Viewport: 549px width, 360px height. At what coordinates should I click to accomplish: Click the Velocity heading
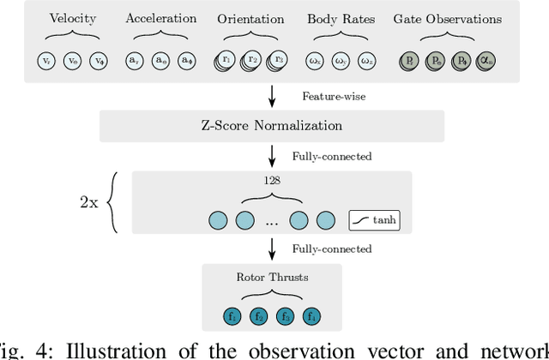tap(72, 19)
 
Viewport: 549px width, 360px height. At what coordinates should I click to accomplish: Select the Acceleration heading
tap(160, 18)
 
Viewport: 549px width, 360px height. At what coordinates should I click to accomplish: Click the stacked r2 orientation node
tap(251, 61)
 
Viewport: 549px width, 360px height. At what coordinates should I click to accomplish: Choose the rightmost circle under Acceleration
tap(186, 61)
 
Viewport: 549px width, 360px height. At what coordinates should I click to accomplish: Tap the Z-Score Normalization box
tap(272, 126)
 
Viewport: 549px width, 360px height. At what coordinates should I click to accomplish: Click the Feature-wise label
tap(335, 96)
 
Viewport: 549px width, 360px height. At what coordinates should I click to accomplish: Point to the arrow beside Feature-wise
tap(272, 96)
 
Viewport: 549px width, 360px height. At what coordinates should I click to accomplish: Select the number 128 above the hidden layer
tap(271, 181)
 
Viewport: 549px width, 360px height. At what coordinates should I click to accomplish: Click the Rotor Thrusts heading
tap(272, 276)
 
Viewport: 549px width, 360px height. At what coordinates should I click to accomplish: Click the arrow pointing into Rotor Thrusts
tap(272, 249)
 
